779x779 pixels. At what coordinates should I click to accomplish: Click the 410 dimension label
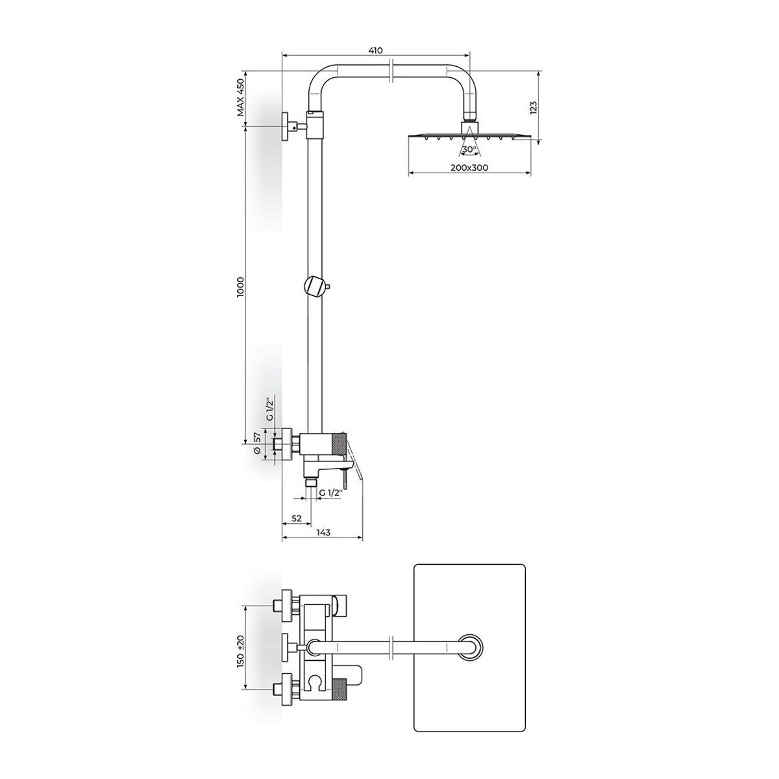pos(376,51)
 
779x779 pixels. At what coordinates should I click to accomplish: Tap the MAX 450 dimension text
pos(241,98)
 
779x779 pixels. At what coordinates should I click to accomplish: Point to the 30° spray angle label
pos(469,149)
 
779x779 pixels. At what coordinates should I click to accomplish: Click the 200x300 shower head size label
pos(469,167)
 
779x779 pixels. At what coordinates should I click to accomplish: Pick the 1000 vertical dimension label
pos(241,287)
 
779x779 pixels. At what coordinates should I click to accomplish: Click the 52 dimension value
pos(296,518)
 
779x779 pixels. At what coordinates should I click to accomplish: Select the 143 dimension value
pos(323,532)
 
